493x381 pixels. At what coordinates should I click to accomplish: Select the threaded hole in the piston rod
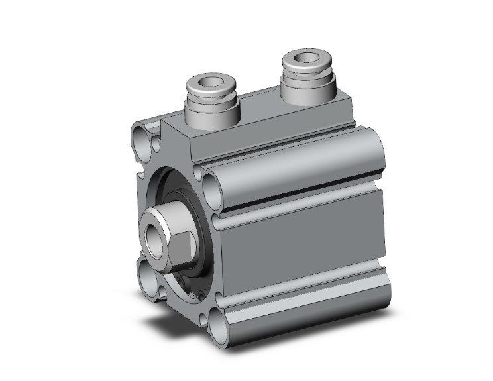pos(153,233)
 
